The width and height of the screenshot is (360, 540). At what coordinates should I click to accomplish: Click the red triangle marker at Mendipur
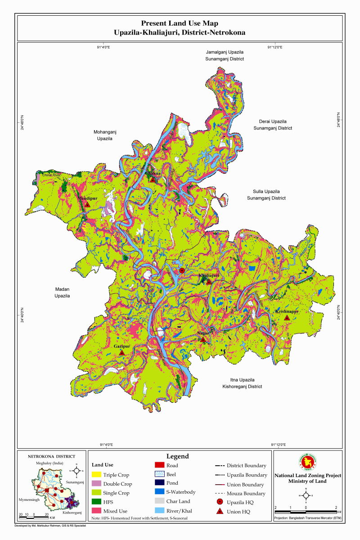pyautogui.click(x=88, y=204)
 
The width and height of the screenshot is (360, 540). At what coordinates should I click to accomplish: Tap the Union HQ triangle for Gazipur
pyautogui.click(x=121, y=353)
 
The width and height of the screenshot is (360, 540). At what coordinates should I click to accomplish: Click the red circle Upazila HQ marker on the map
pyautogui.click(x=182, y=270)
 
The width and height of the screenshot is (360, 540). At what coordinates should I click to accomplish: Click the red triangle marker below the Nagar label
pyautogui.click(x=203, y=339)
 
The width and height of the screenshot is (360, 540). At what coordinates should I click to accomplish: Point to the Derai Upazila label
pyautogui.click(x=275, y=125)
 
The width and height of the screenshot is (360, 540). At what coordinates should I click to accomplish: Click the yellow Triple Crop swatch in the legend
pyautogui.click(x=96, y=475)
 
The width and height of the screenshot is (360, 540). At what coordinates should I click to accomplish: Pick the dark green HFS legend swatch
pyautogui.click(x=96, y=502)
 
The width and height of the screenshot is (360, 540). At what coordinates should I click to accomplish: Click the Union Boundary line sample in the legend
pyautogui.click(x=220, y=485)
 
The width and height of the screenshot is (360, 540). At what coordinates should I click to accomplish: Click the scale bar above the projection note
pyautogui.click(x=306, y=512)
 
